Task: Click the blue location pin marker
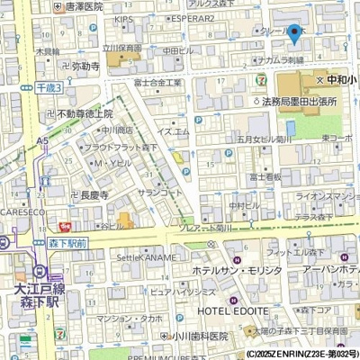click(294, 34)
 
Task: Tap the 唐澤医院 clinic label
click(79, 6)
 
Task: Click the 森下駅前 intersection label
click(67, 243)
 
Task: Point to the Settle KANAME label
click(145, 258)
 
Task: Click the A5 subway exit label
click(43, 140)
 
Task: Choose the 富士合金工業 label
click(157, 83)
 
